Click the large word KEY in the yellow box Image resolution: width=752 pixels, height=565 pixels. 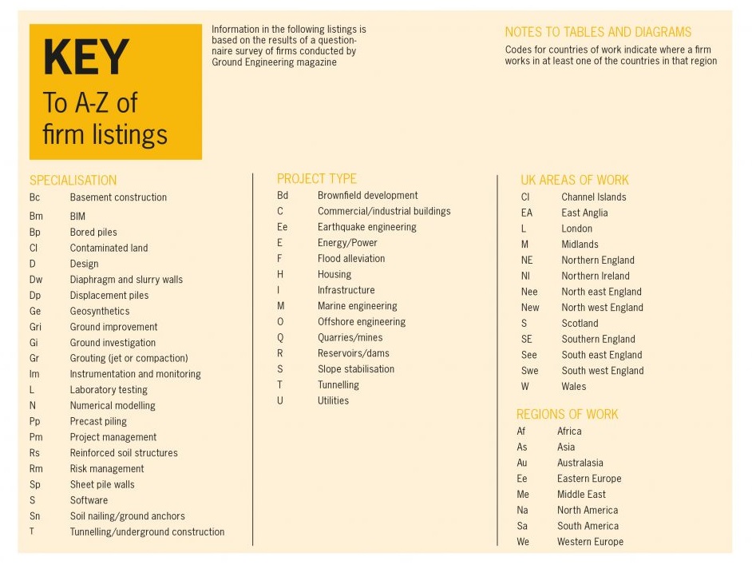tap(85, 58)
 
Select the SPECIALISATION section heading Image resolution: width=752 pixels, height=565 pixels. tap(73, 181)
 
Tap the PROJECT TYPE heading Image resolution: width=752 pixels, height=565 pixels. tap(317, 179)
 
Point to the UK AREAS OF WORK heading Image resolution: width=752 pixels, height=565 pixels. tap(575, 181)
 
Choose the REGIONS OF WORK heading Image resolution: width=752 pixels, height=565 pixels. tap(567, 415)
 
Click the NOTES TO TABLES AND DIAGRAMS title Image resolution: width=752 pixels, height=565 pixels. tap(598, 33)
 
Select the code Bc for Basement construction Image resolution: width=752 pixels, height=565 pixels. tap(34, 197)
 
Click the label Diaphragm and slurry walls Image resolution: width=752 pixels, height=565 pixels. tap(126, 280)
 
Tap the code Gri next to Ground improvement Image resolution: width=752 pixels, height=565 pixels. tap(35, 327)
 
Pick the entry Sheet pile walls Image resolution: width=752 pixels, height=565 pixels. tap(102, 484)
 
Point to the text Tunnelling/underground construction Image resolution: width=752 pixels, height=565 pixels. tap(147, 531)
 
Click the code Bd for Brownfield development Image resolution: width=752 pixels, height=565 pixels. tap(283, 196)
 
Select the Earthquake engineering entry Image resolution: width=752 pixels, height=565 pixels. tap(366, 227)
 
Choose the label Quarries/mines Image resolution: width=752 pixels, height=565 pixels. tap(350, 337)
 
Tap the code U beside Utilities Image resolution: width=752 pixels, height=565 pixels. tap(280, 400)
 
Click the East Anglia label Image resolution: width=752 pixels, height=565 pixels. tap(584, 213)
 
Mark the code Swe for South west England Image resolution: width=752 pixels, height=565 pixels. tap(529, 371)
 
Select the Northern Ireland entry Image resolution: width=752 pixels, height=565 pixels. tap(596, 276)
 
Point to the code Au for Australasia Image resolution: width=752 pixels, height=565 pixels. tap(522, 463)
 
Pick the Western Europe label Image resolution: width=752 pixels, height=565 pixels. tap(590, 542)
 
